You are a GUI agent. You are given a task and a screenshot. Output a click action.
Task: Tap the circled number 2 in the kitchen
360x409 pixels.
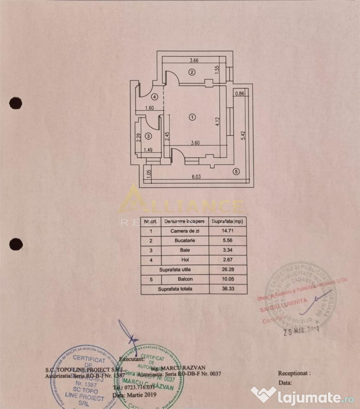pyautogui.click(x=192, y=72)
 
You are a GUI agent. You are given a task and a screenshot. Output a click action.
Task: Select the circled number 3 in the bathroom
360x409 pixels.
pyautogui.click(x=149, y=137)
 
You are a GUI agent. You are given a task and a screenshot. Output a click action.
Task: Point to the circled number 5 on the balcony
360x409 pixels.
pyautogui.click(x=236, y=171)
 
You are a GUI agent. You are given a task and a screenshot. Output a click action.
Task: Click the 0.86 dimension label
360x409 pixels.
pyautogui.click(x=240, y=94)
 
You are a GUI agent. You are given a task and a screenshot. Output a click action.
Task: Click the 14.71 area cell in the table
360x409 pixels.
pyautogui.click(x=227, y=231)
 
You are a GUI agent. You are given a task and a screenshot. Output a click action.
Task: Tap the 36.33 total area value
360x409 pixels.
pyautogui.click(x=227, y=289)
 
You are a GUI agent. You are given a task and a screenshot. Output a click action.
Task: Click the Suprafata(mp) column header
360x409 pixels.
pyautogui.click(x=227, y=221)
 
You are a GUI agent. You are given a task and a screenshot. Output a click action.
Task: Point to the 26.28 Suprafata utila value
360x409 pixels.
pyautogui.click(x=227, y=270)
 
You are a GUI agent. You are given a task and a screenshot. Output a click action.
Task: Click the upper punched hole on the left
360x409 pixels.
pyautogui.click(x=15, y=103)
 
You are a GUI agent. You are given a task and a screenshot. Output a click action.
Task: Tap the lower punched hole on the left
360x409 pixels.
pyautogui.click(x=16, y=244)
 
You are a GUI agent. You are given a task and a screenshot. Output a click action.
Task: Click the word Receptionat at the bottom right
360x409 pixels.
pyautogui.click(x=293, y=374)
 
